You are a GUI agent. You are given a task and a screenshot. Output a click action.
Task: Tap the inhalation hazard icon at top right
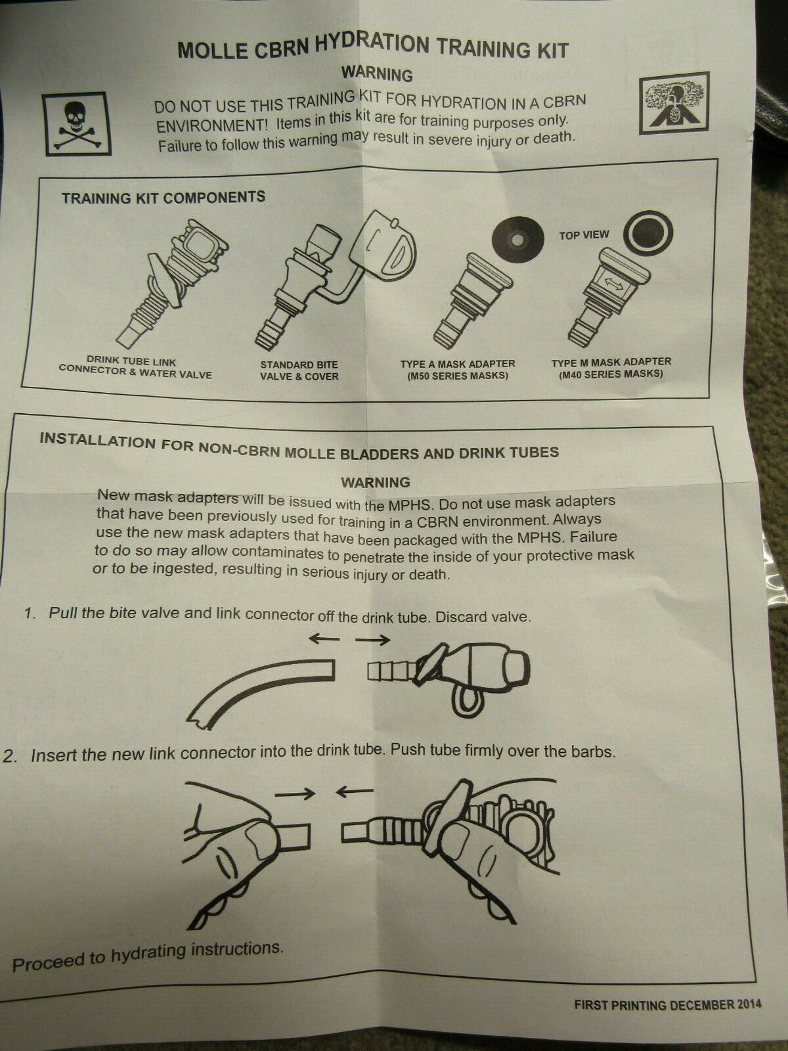coord(674,103)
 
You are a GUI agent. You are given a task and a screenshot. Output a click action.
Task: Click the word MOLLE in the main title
coord(213,51)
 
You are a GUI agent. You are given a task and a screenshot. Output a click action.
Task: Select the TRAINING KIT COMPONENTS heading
coord(164,198)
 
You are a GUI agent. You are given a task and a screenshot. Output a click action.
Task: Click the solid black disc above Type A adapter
coord(519,238)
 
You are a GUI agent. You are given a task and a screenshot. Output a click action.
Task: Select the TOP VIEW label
coord(584,235)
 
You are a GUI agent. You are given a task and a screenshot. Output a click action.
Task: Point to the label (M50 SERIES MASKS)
coord(458,376)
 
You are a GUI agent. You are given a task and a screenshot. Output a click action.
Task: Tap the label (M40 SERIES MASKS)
coord(611,374)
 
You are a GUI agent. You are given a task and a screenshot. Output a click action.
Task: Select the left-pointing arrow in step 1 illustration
coord(324,638)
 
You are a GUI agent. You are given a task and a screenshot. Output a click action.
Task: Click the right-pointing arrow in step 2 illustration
coord(295,794)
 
